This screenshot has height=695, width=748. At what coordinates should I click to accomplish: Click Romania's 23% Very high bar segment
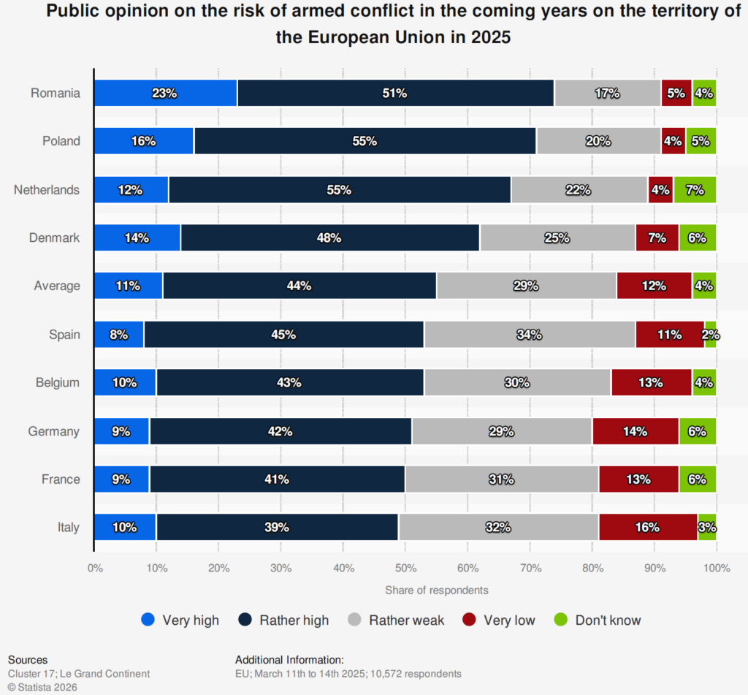166,93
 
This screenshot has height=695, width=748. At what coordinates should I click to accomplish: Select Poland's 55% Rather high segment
365,141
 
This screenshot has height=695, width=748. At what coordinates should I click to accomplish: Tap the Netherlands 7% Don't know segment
695,190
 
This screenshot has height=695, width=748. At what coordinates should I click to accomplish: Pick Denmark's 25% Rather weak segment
557,238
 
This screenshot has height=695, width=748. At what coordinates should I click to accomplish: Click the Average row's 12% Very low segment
654,286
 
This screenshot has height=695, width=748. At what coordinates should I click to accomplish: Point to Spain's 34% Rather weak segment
530,335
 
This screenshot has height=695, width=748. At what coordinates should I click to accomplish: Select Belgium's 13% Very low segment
651,383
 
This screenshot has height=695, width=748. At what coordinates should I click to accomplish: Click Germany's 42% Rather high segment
280,431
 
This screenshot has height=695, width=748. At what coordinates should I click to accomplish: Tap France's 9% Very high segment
121,479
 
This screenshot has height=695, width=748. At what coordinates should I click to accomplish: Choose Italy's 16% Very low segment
648,528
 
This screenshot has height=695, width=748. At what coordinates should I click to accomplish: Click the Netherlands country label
47,190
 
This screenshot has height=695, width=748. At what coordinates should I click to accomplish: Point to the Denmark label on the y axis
55,238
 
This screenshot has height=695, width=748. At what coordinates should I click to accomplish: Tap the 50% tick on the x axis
405,568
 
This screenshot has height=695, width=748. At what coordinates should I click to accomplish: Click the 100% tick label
716,568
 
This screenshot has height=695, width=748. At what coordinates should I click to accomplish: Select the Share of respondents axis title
437,590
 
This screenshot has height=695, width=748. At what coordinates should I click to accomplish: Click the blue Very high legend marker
148,620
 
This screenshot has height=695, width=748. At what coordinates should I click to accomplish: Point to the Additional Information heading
289,660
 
